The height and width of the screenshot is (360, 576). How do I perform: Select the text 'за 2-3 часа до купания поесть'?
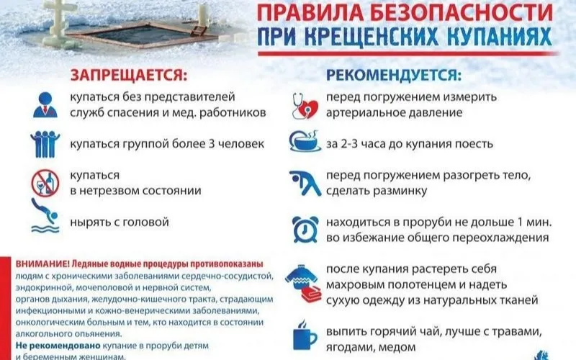(x=407, y=144)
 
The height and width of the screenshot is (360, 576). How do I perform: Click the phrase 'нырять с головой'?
(x=119, y=220)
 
